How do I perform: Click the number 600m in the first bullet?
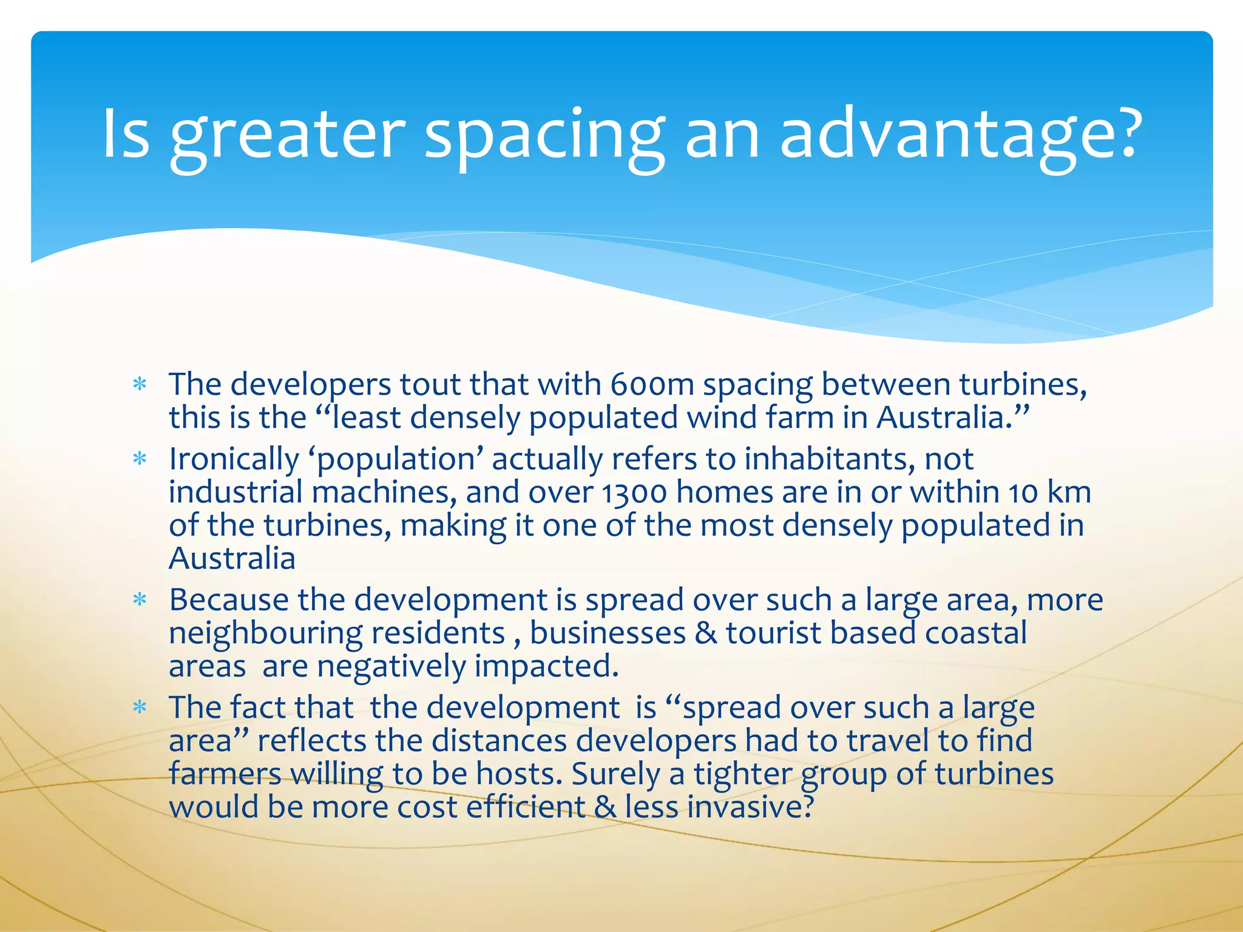(x=652, y=385)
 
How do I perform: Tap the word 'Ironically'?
(x=234, y=459)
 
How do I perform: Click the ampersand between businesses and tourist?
(x=705, y=633)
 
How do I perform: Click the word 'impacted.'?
(x=546, y=666)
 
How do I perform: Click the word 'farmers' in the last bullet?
(x=225, y=774)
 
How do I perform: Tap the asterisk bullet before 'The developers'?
(x=140, y=385)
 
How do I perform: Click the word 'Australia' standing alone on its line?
(x=232, y=558)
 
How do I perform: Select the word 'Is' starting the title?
(x=126, y=135)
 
